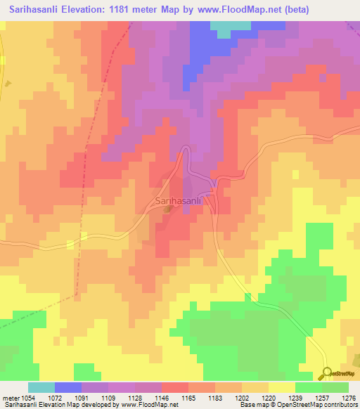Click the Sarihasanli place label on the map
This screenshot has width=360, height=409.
178,201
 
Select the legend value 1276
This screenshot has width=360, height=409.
348,398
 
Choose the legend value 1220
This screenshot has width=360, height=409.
267,398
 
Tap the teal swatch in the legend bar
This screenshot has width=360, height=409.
41,387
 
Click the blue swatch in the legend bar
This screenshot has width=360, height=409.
68,387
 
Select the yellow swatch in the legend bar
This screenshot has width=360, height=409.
281,387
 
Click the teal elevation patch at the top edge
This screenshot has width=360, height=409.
230,28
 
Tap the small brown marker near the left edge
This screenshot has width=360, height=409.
8,83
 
